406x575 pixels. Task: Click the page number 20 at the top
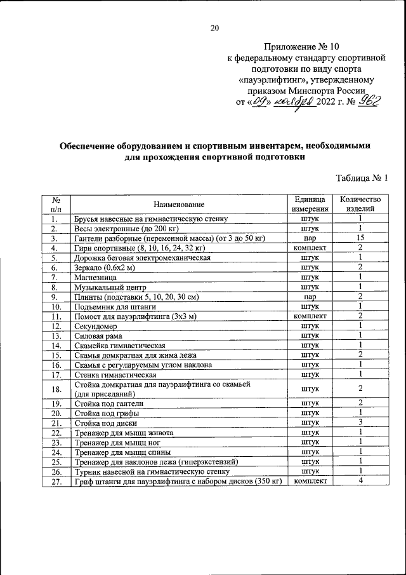214,27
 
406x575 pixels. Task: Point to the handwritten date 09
256,101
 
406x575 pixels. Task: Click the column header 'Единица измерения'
310,204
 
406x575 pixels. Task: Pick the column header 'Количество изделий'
360,204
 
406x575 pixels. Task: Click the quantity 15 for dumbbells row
360,238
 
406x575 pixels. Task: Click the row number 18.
56,389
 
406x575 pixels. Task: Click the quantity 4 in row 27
360,481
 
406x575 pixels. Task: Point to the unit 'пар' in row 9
310,297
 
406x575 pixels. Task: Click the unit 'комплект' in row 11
310,316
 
